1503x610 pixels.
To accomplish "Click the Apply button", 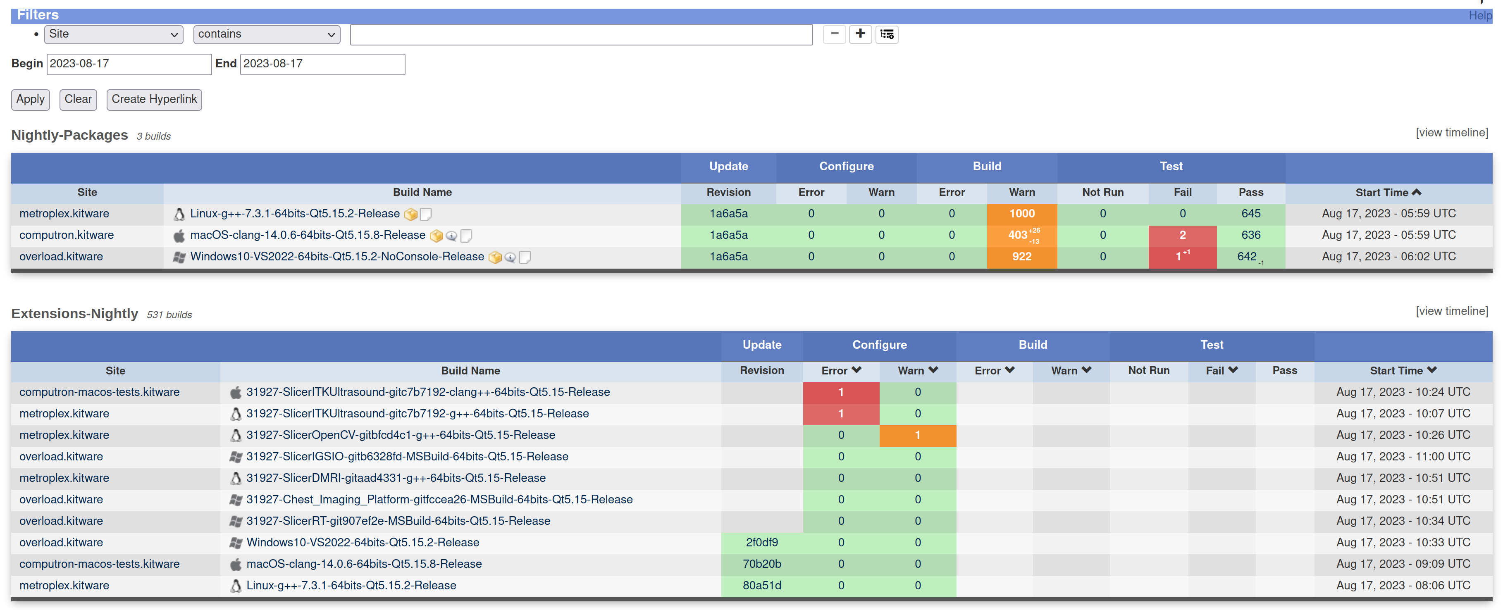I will click(30, 99).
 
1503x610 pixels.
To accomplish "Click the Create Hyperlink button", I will click(154, 99).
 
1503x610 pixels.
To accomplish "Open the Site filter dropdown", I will click(113, 34).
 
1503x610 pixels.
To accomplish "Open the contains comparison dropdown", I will click(267, 34).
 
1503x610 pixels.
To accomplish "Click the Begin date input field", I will click(129, 64).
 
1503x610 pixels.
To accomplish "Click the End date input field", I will click(322, 64).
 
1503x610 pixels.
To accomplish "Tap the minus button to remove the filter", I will click(834, 34).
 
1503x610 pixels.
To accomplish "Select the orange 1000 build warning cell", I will click(1022, 213).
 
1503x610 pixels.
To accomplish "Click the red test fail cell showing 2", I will click(1182, 235).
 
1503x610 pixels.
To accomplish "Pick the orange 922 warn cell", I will click(1022, 257).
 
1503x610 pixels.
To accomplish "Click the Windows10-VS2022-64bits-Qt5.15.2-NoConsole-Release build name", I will click(336, 257).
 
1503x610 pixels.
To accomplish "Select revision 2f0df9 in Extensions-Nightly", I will click(761, 542).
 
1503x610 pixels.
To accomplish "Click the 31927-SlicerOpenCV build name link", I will click(400, 435).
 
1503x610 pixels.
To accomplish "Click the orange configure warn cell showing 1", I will click(917, 435).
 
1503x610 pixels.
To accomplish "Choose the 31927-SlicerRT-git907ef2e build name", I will click(398, 521).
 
